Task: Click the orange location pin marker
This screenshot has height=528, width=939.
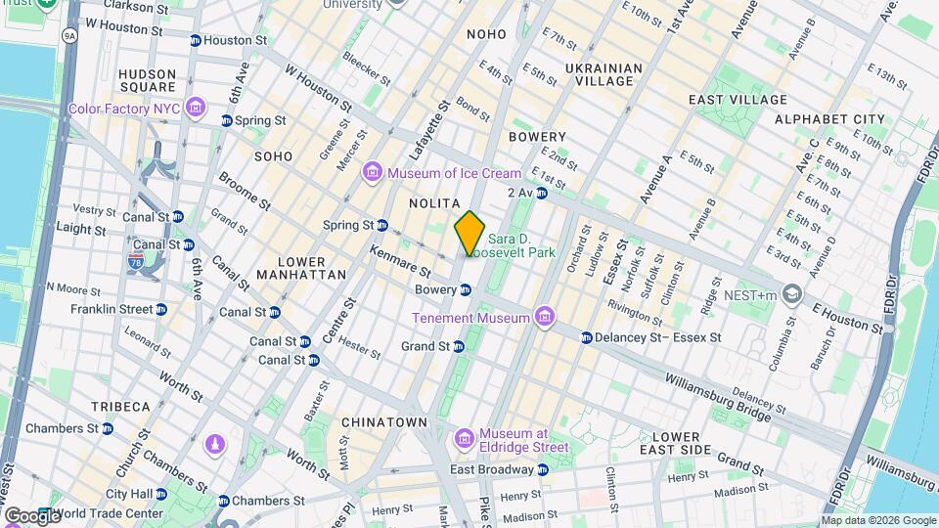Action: coord(469,233)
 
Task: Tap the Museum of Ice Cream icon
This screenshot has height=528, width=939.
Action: coord(372,173)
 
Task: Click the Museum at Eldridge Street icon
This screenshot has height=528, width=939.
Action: coord(465,435)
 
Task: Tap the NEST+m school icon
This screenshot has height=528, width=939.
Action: coord(791,294)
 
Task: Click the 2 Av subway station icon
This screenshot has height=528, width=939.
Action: coord(541,193)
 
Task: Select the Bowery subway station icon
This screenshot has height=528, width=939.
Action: coord(467,289)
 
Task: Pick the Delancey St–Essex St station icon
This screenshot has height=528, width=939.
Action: coord(586,337)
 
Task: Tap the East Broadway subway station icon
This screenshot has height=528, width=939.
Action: coord(543,469)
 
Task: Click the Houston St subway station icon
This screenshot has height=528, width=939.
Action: coord(195,40)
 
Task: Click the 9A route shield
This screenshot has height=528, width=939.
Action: coord(68,35)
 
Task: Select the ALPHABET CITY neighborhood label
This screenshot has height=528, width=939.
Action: coord(828,119)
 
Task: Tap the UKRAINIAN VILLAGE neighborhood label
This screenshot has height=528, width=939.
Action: coord(604,75)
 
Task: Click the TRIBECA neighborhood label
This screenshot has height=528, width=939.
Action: coord(120,406)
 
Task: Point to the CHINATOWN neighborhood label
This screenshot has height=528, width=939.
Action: coord(384,422)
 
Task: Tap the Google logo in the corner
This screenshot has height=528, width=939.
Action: coord(32,514)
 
